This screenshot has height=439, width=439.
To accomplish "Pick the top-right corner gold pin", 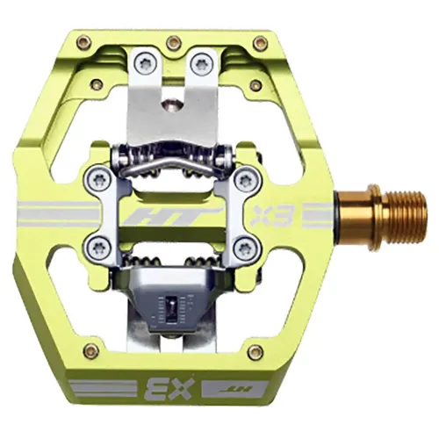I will click(x=260, y=41).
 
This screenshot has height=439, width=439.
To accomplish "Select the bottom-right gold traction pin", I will click(x=255, y=352).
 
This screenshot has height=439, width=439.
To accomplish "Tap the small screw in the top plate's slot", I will click(x=173, y=104).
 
